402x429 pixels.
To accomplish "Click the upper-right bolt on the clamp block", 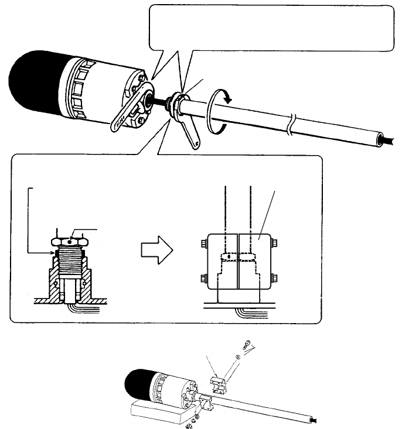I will coord(275,242).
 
